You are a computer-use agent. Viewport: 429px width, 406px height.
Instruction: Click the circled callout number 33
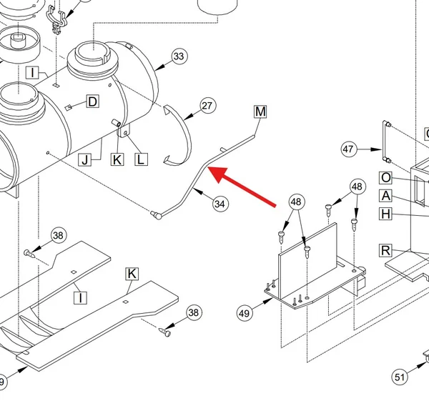pos(179,56)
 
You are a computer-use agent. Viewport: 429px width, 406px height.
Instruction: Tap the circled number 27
pos(207,106)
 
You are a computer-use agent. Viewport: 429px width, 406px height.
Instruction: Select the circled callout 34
pos(220,204)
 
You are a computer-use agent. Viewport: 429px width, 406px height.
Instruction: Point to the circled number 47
pos(349,149)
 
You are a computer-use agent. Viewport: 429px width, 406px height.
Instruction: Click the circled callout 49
pos(245,313)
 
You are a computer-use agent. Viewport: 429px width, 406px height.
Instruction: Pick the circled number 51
pos(400,377)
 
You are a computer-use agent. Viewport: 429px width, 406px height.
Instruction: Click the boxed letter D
pos(92,101)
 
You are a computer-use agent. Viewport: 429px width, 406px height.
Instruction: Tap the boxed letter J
pos(85,160)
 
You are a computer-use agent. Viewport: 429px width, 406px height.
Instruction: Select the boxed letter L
pos(141,159)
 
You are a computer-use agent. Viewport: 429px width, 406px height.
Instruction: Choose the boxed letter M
pos(260,112)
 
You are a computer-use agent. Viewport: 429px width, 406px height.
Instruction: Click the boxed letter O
pos(386,178)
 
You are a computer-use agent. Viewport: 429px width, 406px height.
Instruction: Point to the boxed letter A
pos(386,196)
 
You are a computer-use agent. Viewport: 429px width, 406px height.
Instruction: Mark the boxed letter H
pos(386,214)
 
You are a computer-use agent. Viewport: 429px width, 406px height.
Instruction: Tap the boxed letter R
pos(385,251)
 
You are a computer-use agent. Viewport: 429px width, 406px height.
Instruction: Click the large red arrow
pos(242,187)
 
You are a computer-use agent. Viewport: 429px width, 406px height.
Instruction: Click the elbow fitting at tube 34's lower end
pos(156,215)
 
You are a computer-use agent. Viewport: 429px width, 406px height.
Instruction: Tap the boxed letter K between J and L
pos(117,159)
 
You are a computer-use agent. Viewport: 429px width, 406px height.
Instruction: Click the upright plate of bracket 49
pos(307,260)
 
